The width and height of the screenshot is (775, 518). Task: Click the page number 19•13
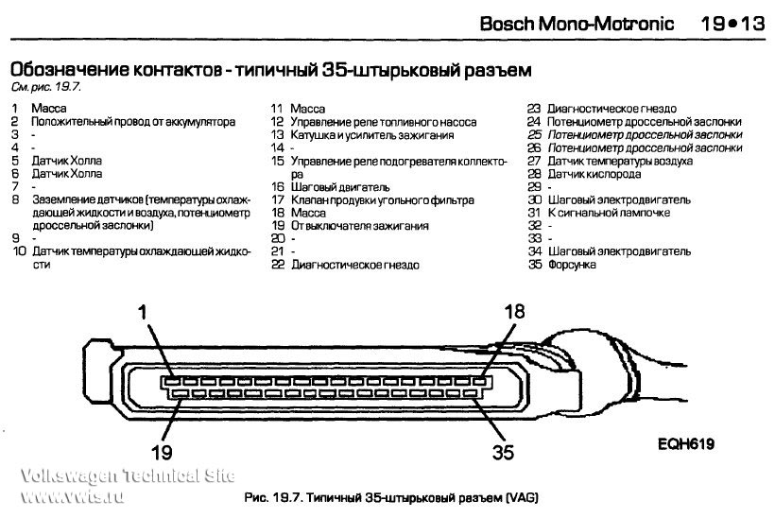732,24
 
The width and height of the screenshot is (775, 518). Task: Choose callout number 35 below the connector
502,451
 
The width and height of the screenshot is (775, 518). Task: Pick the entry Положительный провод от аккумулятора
133,122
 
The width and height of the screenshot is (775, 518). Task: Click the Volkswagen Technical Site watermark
119,484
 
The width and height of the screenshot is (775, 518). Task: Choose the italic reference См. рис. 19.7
46,87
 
